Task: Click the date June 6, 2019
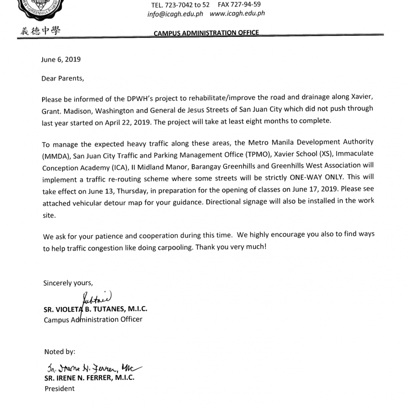61,59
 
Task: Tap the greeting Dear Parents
62,79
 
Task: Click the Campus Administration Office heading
206,33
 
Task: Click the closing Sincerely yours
68,283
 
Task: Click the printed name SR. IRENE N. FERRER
89,378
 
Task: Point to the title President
60,388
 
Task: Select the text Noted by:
60,352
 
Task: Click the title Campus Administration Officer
93,319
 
